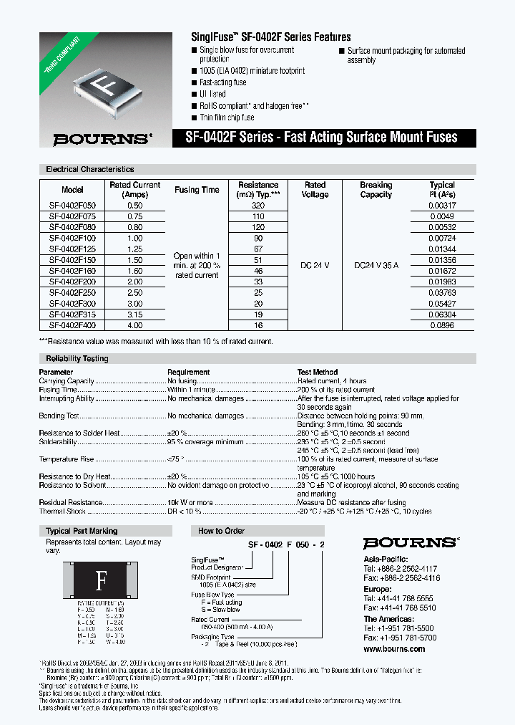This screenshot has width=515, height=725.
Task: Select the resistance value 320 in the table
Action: (258, 206)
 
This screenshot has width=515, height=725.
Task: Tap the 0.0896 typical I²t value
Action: (441, 325)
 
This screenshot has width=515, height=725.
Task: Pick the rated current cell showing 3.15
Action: (134, 315)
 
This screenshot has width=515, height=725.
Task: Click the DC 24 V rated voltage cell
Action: (315, 265)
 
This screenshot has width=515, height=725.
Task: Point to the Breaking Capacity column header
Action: (376, 190)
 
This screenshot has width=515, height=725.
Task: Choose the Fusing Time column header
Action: (197, 190)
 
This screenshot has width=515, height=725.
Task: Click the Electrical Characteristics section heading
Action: (89, 170)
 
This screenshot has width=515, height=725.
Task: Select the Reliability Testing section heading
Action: (77, 358)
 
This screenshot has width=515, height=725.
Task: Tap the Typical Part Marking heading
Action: (81, 531)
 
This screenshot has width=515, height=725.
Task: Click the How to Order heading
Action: (220, 531)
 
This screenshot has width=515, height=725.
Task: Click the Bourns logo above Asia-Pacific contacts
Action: (410, 543)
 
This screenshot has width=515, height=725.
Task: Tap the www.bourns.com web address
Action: (393, 649)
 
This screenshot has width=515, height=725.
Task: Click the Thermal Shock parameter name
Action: (63, 511)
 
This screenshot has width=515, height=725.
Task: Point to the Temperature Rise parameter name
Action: (67, 459)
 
